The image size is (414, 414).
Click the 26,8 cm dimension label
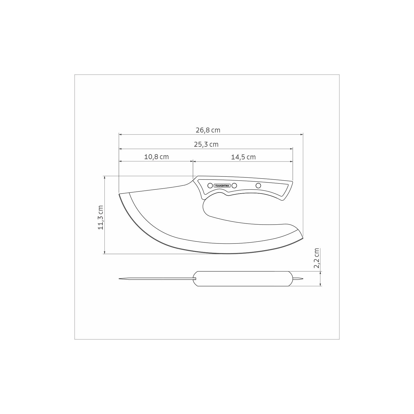click(x=208, y=130)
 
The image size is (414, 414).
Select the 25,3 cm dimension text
click(x=206, y=144)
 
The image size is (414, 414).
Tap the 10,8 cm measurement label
click(x=156, y=157)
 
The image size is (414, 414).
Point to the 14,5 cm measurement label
click(x=243, y=157)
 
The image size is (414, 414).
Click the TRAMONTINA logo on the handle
click(x=222, y=186)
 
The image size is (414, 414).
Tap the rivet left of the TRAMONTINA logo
click(x=210, y=186)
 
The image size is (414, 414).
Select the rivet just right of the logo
click(x=234, y=186)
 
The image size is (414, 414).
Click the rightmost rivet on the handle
click(x=258, y=185)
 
